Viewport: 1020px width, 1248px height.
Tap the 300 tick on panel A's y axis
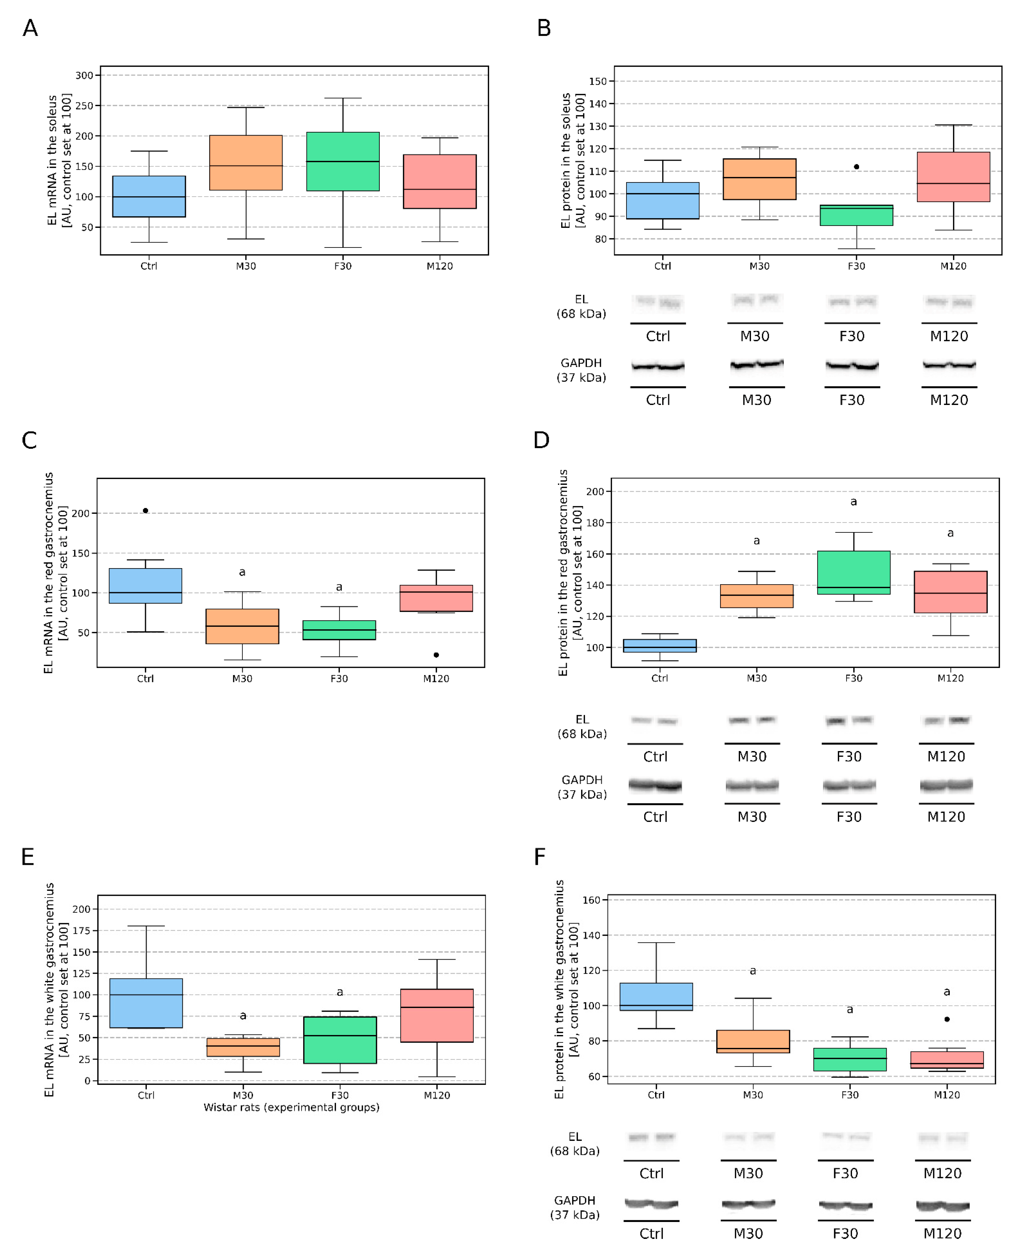84,75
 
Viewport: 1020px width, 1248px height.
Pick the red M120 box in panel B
953,177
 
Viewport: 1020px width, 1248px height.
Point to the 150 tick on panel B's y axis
598,81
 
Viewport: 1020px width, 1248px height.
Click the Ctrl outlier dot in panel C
146,511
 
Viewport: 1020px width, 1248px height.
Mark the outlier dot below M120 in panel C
436,655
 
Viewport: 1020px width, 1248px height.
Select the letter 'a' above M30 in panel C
242,572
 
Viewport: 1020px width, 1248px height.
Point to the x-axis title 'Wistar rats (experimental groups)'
291,1107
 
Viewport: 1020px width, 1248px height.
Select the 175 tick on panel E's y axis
81,931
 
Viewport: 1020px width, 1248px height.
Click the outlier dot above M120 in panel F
946,1019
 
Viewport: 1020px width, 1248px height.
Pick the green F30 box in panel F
850,1059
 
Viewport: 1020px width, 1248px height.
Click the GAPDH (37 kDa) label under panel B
581,370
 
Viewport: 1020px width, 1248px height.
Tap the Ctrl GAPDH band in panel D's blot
655,785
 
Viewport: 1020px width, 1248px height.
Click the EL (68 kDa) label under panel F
575,1143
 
